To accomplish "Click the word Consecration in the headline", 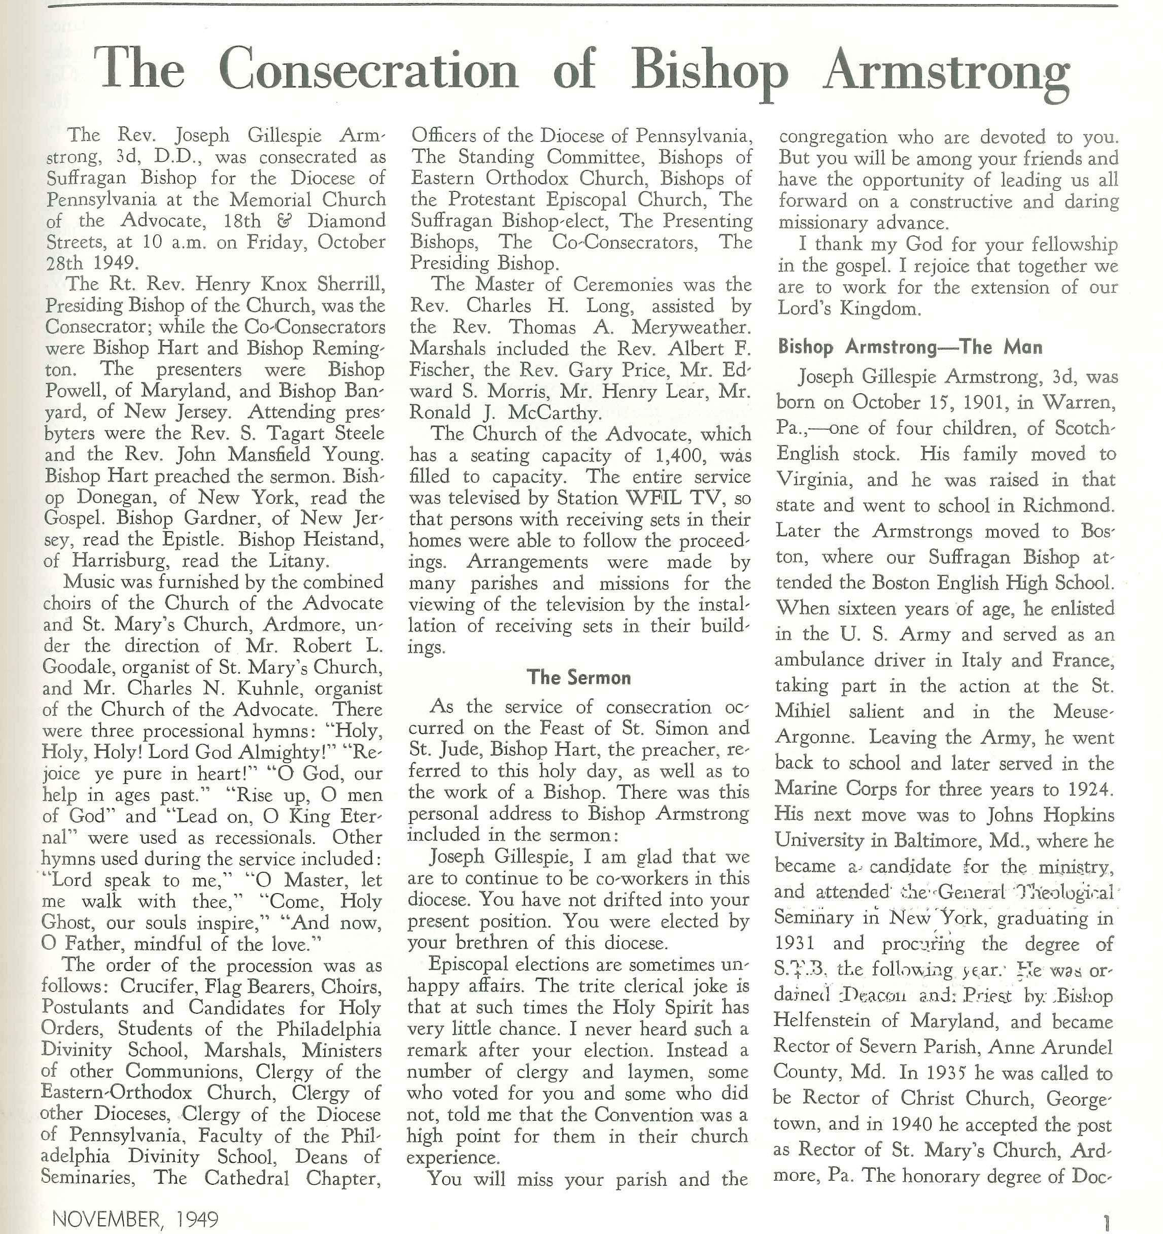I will tap(368, 70).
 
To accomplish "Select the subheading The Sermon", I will tap(578, 677).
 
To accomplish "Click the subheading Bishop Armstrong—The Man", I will tap(910, 347).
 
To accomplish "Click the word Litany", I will tap(297, 561).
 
